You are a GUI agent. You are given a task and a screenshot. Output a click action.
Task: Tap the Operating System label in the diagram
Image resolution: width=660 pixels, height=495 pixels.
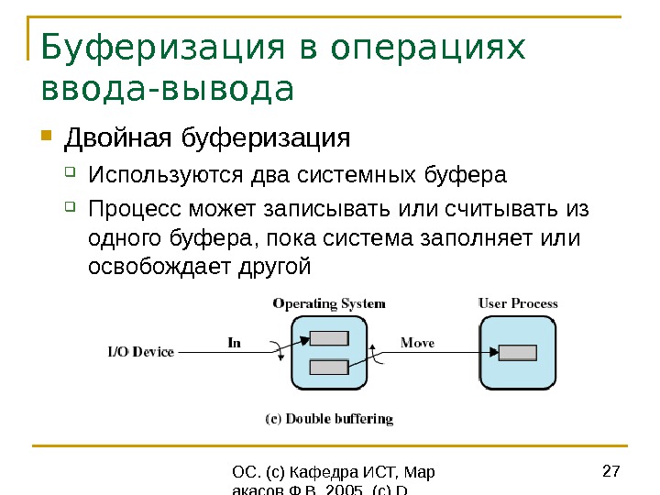pos(329,303)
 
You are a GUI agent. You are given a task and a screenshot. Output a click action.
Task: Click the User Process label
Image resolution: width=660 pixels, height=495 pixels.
pos(518,303)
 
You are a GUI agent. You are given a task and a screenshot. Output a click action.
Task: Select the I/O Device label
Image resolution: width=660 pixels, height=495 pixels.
pos(140,351)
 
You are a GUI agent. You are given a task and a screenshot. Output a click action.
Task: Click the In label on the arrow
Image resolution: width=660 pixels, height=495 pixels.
pos(234,342)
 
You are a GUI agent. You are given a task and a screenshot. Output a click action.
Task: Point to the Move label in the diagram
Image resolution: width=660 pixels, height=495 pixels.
pos(417,342)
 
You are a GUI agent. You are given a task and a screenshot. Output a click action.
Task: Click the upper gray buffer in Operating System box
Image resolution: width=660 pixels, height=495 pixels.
pos(329,337)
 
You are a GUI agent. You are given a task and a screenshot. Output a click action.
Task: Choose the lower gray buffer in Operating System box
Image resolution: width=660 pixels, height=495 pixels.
pos(329,368)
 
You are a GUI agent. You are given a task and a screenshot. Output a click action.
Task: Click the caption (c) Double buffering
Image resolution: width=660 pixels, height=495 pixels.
pos(329,419)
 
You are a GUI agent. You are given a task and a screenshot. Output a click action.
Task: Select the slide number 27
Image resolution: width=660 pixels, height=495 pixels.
pos(611,472)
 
